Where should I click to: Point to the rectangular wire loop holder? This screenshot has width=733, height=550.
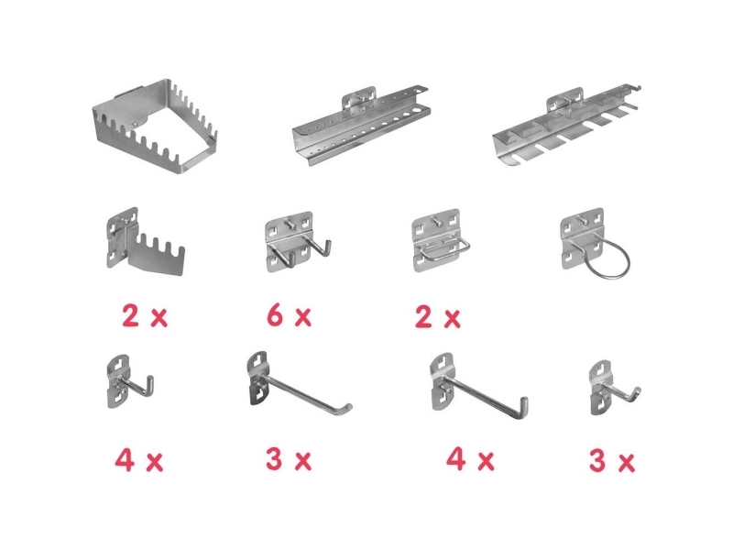(x=440, y=240)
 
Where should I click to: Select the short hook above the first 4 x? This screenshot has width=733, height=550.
(x=128, y=381)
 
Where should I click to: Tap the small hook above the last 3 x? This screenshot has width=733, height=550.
(x=612, y=388)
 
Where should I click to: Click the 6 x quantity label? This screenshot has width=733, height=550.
(x=289, y=315)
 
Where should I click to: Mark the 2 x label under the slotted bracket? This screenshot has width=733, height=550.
(x=145, y=315)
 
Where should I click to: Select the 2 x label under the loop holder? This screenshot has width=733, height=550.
(x=438, y=317)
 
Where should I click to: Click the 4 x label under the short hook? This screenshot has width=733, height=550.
(x=139, y=460)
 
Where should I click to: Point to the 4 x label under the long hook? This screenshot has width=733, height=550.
(x=470, y=459)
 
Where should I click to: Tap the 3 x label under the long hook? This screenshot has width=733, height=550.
(x=289, y=459)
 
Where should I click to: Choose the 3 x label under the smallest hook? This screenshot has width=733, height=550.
(x=612, y=460)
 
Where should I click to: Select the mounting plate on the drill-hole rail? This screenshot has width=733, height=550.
(x=358, y=98)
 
